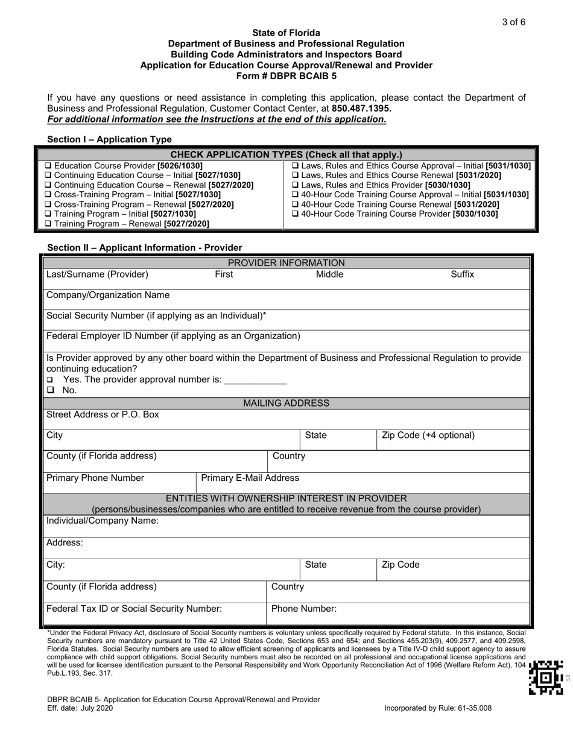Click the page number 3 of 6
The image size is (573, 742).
513,22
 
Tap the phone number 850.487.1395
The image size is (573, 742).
361,109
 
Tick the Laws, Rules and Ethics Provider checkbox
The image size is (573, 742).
294,185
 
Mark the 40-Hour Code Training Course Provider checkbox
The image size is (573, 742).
294,214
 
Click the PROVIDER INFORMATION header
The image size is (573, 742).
286,263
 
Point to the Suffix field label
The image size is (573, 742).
462,275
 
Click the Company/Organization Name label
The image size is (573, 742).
108,296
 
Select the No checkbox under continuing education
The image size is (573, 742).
51,391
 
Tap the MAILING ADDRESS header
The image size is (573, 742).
286,403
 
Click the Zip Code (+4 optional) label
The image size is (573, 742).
428,436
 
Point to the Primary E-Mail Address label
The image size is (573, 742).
250,478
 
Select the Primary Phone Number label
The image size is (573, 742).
95,478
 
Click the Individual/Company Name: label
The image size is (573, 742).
103,521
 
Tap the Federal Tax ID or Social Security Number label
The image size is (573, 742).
135,609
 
